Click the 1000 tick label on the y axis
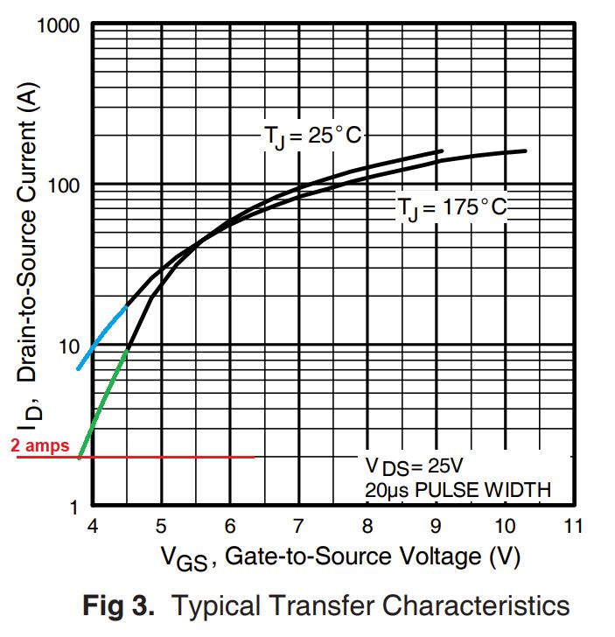pyautogui.click(x=59, y=25)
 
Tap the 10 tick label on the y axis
pyautogui.click(x=69, y=346)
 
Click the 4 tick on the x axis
pyautogui.click(x=92, y=527)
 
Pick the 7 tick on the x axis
pyautogui.click(x=298, y=527)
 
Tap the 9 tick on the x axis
pyautogui.click(x=436, y=527)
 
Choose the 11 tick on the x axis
pyautogui.click(x=573, y=527)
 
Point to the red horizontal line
pyautogui.click(x=166, y=457)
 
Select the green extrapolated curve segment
pyautogui.click(x=103, y=402)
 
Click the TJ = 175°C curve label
pyautogui.click(x=451, y=208)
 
